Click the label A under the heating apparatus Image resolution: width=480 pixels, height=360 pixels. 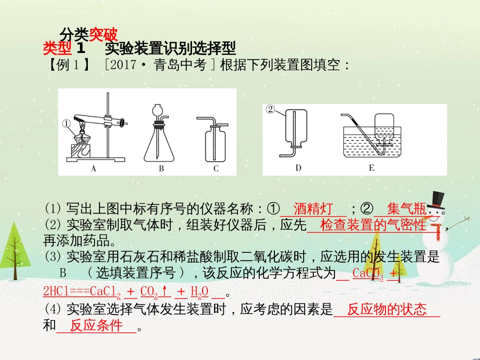click(x=93, y=169)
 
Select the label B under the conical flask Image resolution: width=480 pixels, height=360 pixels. click(x=161, y=169)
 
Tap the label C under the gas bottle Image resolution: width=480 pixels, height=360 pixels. click(x=216, y=169)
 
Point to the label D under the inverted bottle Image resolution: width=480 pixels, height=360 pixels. click(x=298, y=168)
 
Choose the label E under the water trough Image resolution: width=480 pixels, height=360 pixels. click(x=371, y=168)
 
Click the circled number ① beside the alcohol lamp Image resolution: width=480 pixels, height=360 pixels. click(x=66, y=123)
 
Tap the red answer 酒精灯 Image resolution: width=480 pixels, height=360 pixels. click(x=313, y=209)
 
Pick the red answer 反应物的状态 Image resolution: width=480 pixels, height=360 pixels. click(x=387, y=310)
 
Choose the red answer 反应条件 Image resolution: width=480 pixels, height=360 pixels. click(x=97, y=326)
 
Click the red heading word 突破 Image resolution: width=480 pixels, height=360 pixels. click(x=103, y=35)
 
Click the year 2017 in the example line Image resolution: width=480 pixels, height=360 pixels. click(x=123, y=65)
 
